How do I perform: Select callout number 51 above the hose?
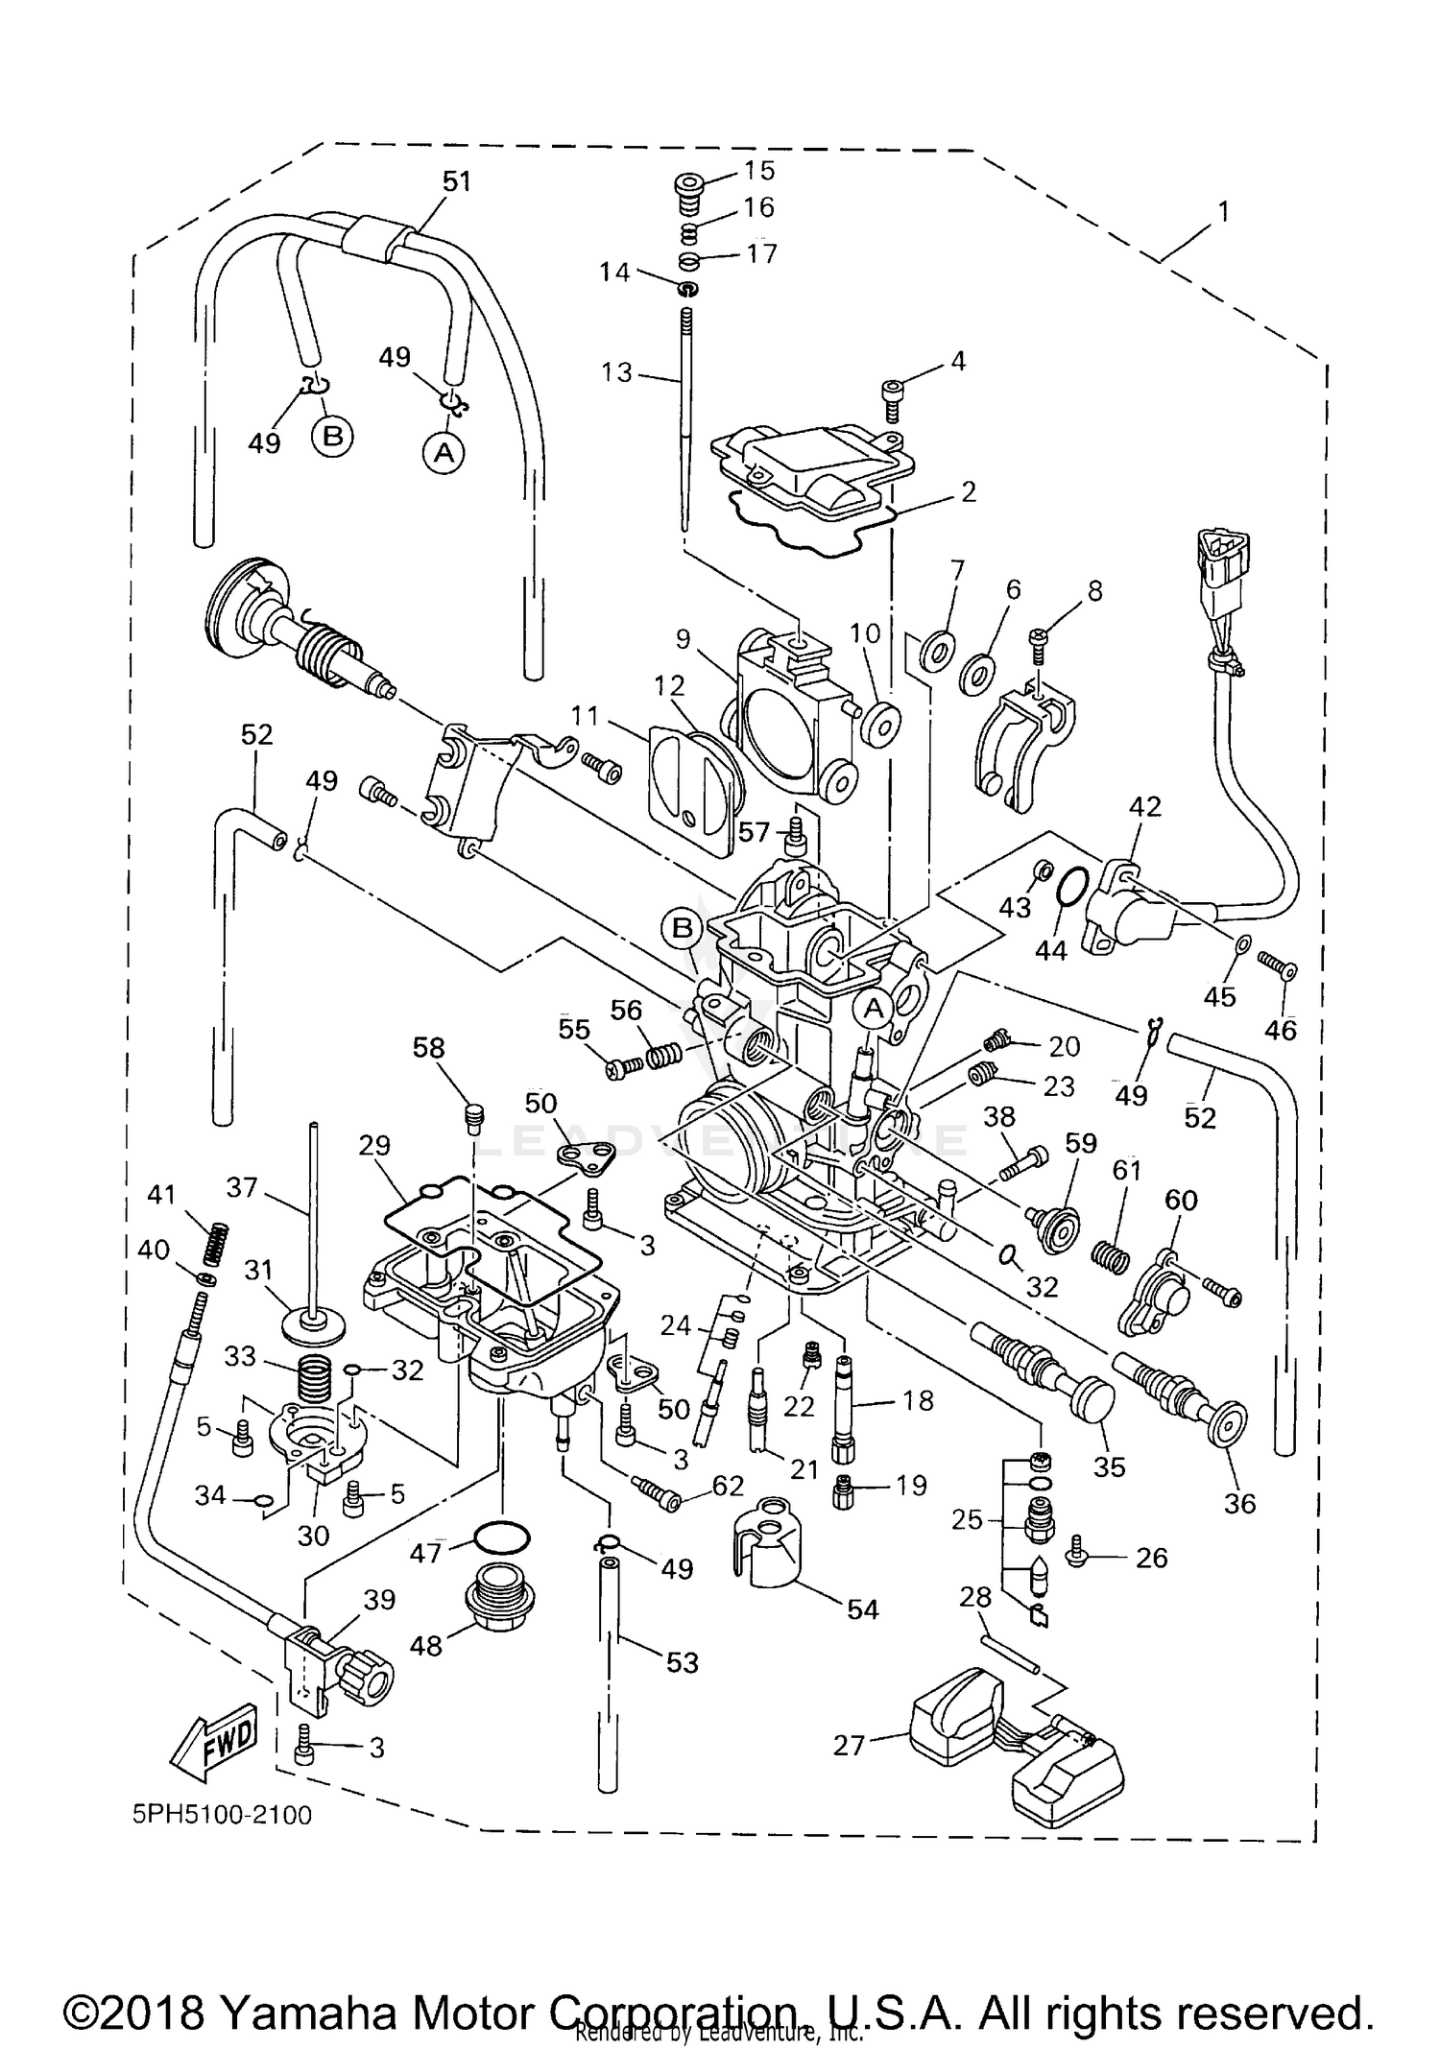coord(457,180)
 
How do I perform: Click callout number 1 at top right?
coord(1222,211)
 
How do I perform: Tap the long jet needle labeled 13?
coord(685,422)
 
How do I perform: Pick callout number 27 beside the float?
coord(850,1744)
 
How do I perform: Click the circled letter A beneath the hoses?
coord(444,451)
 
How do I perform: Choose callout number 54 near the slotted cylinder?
coord(862,1609)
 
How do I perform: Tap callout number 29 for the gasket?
coord(375,1145)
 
